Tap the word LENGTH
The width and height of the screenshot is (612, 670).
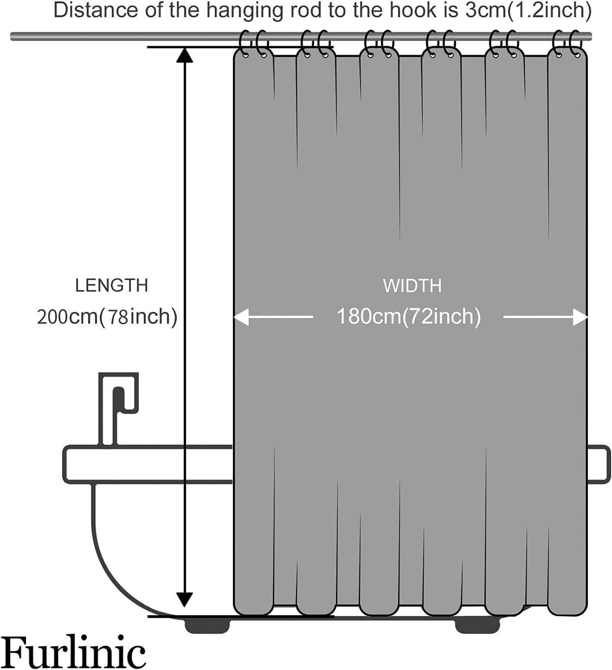[x=111, y=285]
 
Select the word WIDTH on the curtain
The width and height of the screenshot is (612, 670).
[x=412, y=286]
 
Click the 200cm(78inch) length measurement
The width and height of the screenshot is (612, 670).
[x=107, y=317]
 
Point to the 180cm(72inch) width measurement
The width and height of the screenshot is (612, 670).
[x=409, y=316]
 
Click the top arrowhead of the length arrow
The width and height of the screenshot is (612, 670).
[x=184, y=55]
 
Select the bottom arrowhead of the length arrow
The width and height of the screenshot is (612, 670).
[x=184, y=599]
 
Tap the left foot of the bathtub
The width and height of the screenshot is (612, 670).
[x=207, y=625]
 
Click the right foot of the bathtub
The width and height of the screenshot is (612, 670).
[x=477, y=625]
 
